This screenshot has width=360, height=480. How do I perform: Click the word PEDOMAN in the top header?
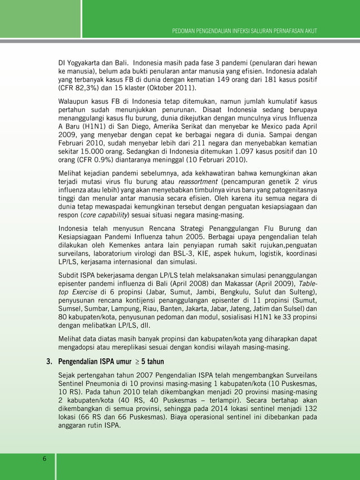[x=186, y=29]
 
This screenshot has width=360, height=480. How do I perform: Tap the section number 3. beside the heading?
[x=50, y=362]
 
